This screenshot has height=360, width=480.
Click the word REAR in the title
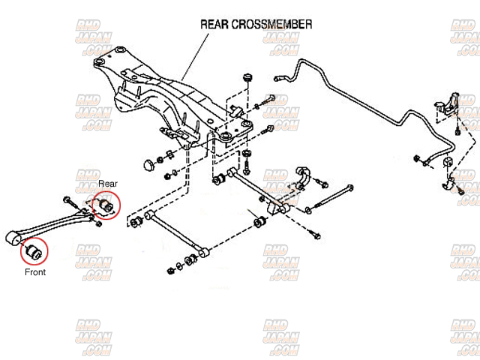coord(215,24)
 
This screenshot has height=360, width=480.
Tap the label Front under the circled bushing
coord(35,272)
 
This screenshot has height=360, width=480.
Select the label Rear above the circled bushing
coord(108,183)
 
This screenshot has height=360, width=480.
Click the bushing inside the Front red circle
coord(32,251)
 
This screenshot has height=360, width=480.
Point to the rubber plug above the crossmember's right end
coord(247,79)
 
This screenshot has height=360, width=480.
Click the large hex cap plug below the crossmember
coord(148,163)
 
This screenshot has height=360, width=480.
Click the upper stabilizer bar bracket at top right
coord(449,104)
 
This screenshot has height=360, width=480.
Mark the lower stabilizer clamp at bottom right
coord(451,184)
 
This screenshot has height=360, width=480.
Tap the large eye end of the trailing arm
coord(13,238)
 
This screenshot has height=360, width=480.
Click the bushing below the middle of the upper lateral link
coord(260,222)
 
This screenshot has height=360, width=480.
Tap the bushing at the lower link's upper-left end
coord(137,222)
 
